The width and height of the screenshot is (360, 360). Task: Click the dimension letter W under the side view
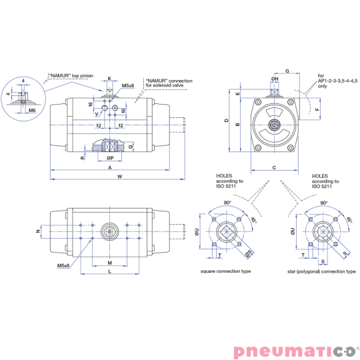(119, 176)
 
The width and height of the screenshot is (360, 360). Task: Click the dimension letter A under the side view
(110, 167)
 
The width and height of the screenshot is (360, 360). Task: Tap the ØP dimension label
(110, 158)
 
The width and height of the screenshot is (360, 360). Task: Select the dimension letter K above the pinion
(109, 79)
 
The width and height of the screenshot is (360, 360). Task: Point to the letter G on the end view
(287, 71)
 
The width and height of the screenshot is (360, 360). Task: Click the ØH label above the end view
(275, 79)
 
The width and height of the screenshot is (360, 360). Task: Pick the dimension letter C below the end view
(274, 167)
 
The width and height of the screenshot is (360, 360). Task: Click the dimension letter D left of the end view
(227, 120)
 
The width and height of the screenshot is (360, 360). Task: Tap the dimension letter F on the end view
(317, 109)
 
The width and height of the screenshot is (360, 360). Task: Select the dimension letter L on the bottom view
(110, 271)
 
